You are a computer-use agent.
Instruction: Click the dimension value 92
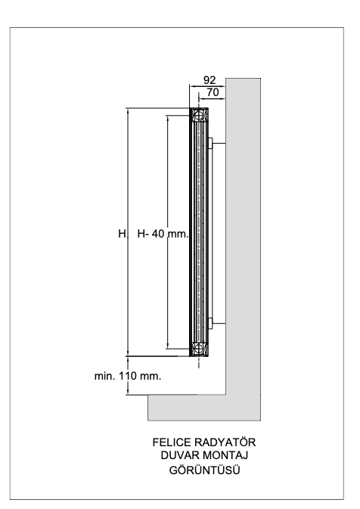coord(209,80)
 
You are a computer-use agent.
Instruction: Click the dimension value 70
coord(213,92)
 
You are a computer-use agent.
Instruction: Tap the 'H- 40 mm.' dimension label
coord(163,234)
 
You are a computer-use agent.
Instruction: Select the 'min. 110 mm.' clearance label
coord(128,376)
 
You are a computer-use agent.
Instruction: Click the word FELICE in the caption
coord(172,442)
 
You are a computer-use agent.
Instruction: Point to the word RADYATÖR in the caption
coord(225,442)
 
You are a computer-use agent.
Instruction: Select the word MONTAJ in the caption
coord(225,455)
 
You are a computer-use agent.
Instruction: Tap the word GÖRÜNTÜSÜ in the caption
coord(204,470)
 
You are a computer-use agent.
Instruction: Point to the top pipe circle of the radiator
coord(197,115)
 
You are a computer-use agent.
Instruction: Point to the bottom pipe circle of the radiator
coord(197,349)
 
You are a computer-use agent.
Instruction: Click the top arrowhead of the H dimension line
coord(128,111)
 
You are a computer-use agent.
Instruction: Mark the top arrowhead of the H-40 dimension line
coord(168,118)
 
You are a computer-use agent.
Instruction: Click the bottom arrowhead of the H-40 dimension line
coord(168,346)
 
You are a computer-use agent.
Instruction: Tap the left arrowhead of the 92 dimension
coord(193,86)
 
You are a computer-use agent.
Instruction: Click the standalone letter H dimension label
coord(122,234)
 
